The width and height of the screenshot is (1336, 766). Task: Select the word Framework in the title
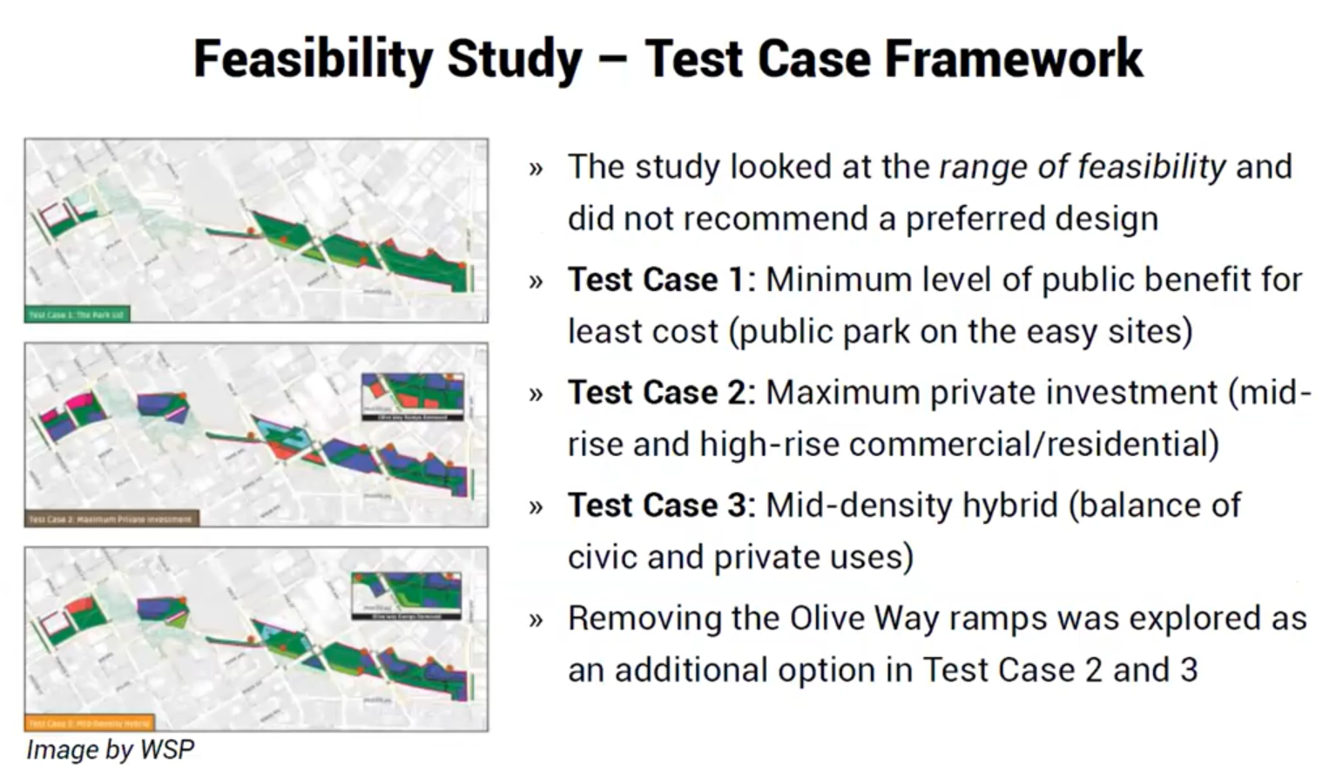[1013, 59]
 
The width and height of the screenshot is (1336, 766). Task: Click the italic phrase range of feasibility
[1083, 166]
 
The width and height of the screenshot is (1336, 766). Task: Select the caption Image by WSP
[110, 749]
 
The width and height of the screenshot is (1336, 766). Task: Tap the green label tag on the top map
[77, 315]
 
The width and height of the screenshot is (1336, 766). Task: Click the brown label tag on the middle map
[111, 519]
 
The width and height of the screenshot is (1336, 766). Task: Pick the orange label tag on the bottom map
[89, 722]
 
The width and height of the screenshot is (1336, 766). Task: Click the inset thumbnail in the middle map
[413, 397]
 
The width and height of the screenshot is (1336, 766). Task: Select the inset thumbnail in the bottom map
[406, 596]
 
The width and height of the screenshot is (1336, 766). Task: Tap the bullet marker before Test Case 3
[536, 506]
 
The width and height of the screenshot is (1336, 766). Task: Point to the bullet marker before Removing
[536, 620]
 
